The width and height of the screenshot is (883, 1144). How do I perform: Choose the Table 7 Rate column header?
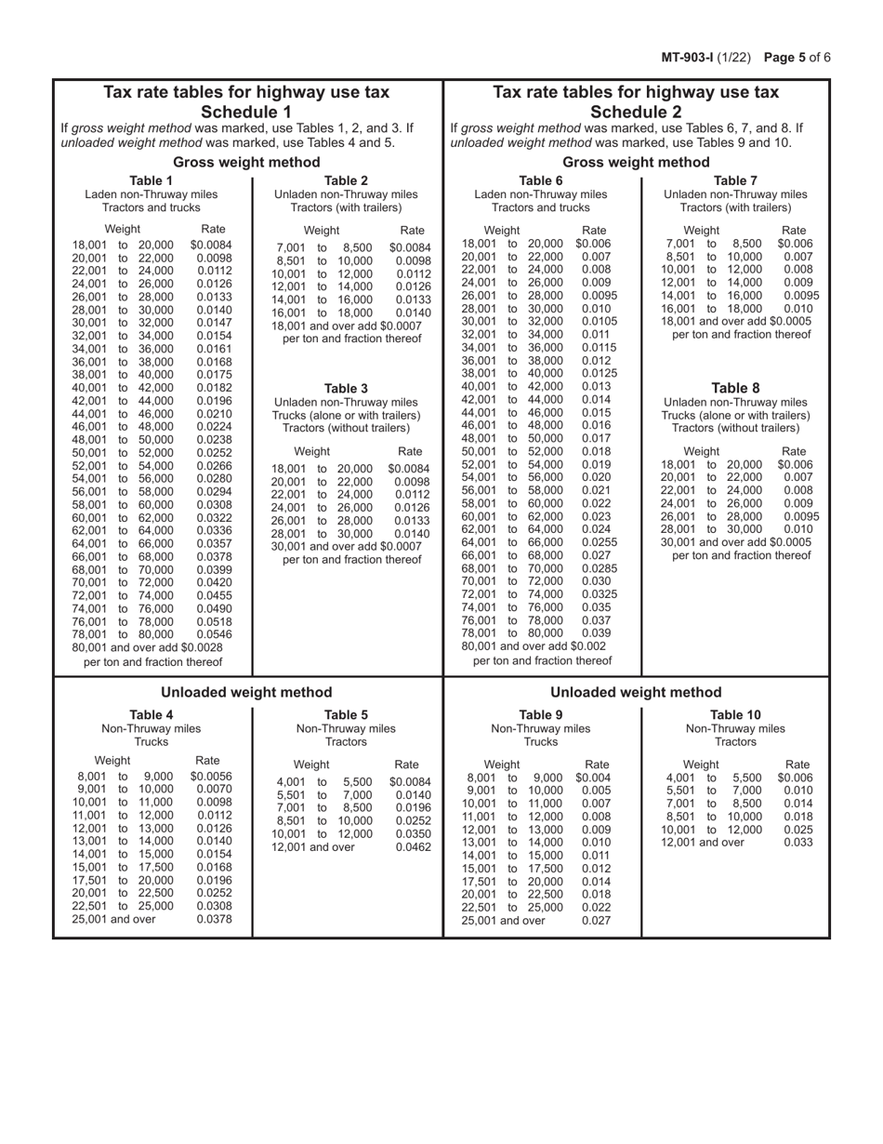[x=795, y=230]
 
